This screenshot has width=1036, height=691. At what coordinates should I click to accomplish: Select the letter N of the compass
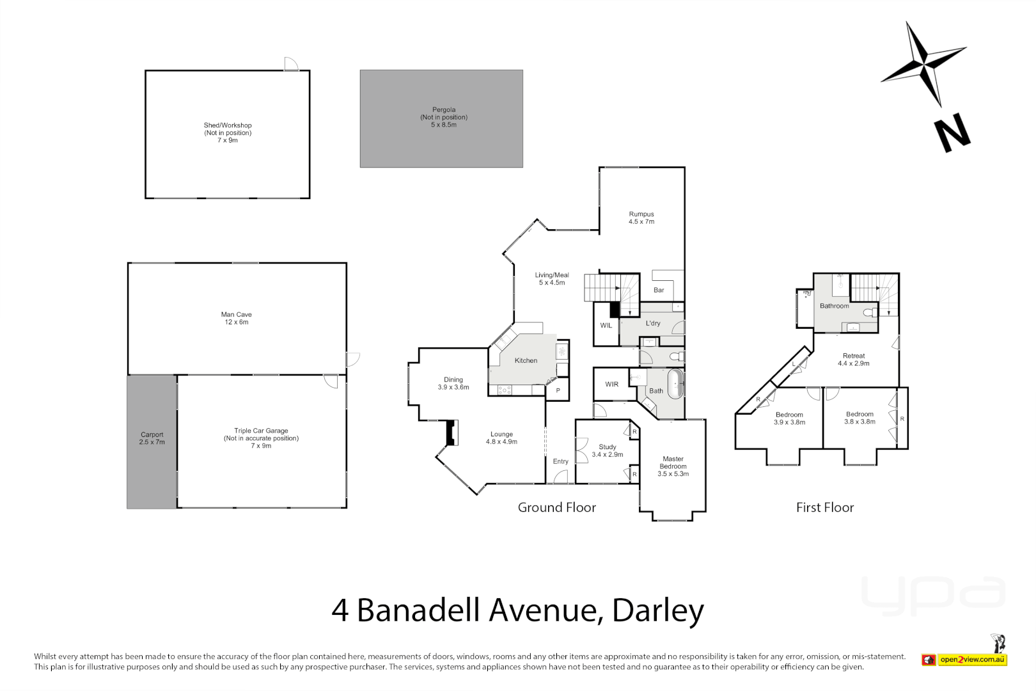tap(952, 134)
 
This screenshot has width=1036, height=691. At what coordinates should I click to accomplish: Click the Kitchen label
tap(526, 361)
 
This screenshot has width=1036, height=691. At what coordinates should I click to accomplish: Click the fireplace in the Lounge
tap(452, 433)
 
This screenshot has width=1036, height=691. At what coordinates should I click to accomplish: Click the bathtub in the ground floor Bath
tap(676, 385)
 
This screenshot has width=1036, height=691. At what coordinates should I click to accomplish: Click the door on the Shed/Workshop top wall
tap(291, 64)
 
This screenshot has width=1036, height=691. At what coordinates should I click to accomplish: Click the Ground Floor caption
tap(556, 507)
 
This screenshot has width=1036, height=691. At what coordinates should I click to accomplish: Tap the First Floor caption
tap(825, 507)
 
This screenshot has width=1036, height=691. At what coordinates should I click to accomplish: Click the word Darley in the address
tap(658, 610)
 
